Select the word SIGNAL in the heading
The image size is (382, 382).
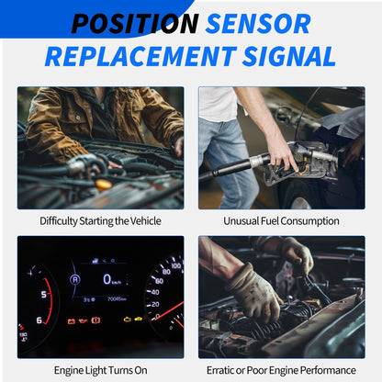[286, 56]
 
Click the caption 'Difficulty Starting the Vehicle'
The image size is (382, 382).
[100, 220]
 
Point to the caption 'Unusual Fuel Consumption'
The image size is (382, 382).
[282, 220]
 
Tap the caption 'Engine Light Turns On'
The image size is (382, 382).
[100, 369]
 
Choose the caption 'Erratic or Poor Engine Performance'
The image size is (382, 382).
[282, 369]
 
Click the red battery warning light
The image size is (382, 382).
[96, 320]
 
